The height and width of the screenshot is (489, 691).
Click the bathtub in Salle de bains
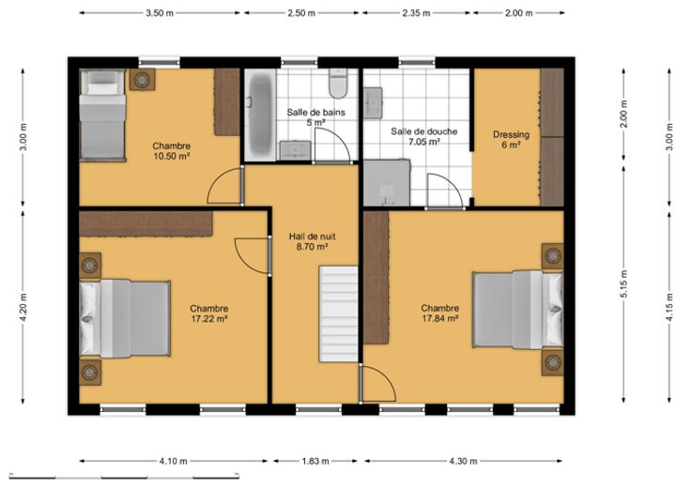[x=259, y=115]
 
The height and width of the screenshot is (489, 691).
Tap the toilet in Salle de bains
[x=338, y=83]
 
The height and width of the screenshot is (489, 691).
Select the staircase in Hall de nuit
[x=338, y=313]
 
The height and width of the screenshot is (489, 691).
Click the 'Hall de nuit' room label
[x=313, y=237]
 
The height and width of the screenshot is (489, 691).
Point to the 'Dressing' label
[x=511, y=134]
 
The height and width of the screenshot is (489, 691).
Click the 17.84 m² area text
[x=440, y=318]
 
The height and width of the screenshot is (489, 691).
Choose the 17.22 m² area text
[x=209, y=318]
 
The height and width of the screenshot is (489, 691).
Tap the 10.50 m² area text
[x=172, y=156]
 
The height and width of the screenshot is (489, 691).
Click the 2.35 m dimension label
[x=416, y=13]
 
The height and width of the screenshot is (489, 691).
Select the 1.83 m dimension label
[x=315, y=461]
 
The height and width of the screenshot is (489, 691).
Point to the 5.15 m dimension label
[x=624, y=284]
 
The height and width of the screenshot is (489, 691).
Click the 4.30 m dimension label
[x=463, y=461]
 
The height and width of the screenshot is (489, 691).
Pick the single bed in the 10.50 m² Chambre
[x=102, y=115]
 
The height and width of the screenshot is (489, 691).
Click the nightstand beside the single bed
[x=142, y=80]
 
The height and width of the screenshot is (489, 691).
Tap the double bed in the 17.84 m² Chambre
[x=518, y=310]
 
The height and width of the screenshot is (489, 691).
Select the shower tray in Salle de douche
[x=387, y=183]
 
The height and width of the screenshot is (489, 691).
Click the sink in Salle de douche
[x=373, y=102]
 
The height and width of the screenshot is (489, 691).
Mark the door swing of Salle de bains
[x=331, y=146]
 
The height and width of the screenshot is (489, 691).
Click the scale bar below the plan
[x=124, y=476]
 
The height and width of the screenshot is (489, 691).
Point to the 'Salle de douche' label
[x=424, y=131]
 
